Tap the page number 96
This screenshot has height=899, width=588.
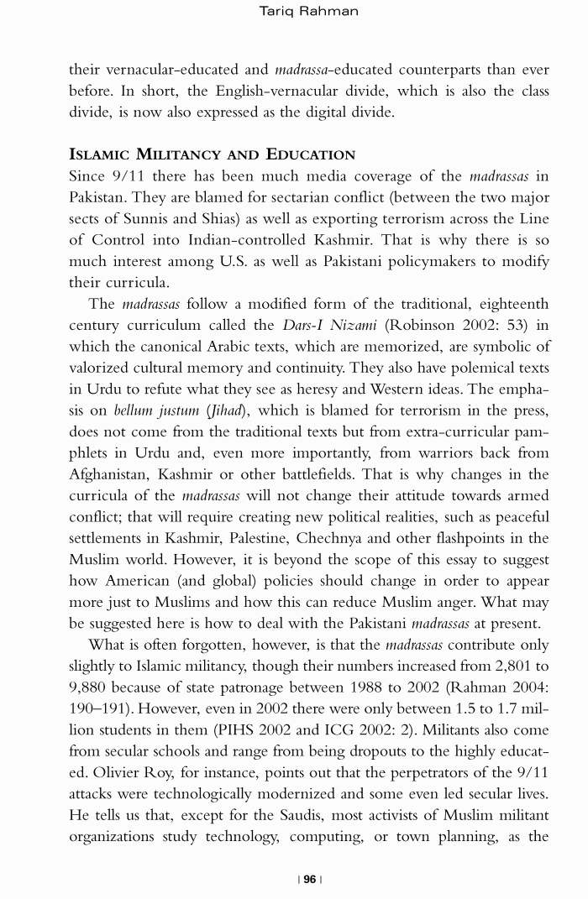point(310,879)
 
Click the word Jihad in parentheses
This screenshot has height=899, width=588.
point(214,410)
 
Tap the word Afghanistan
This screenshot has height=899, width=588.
point(110,474)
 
